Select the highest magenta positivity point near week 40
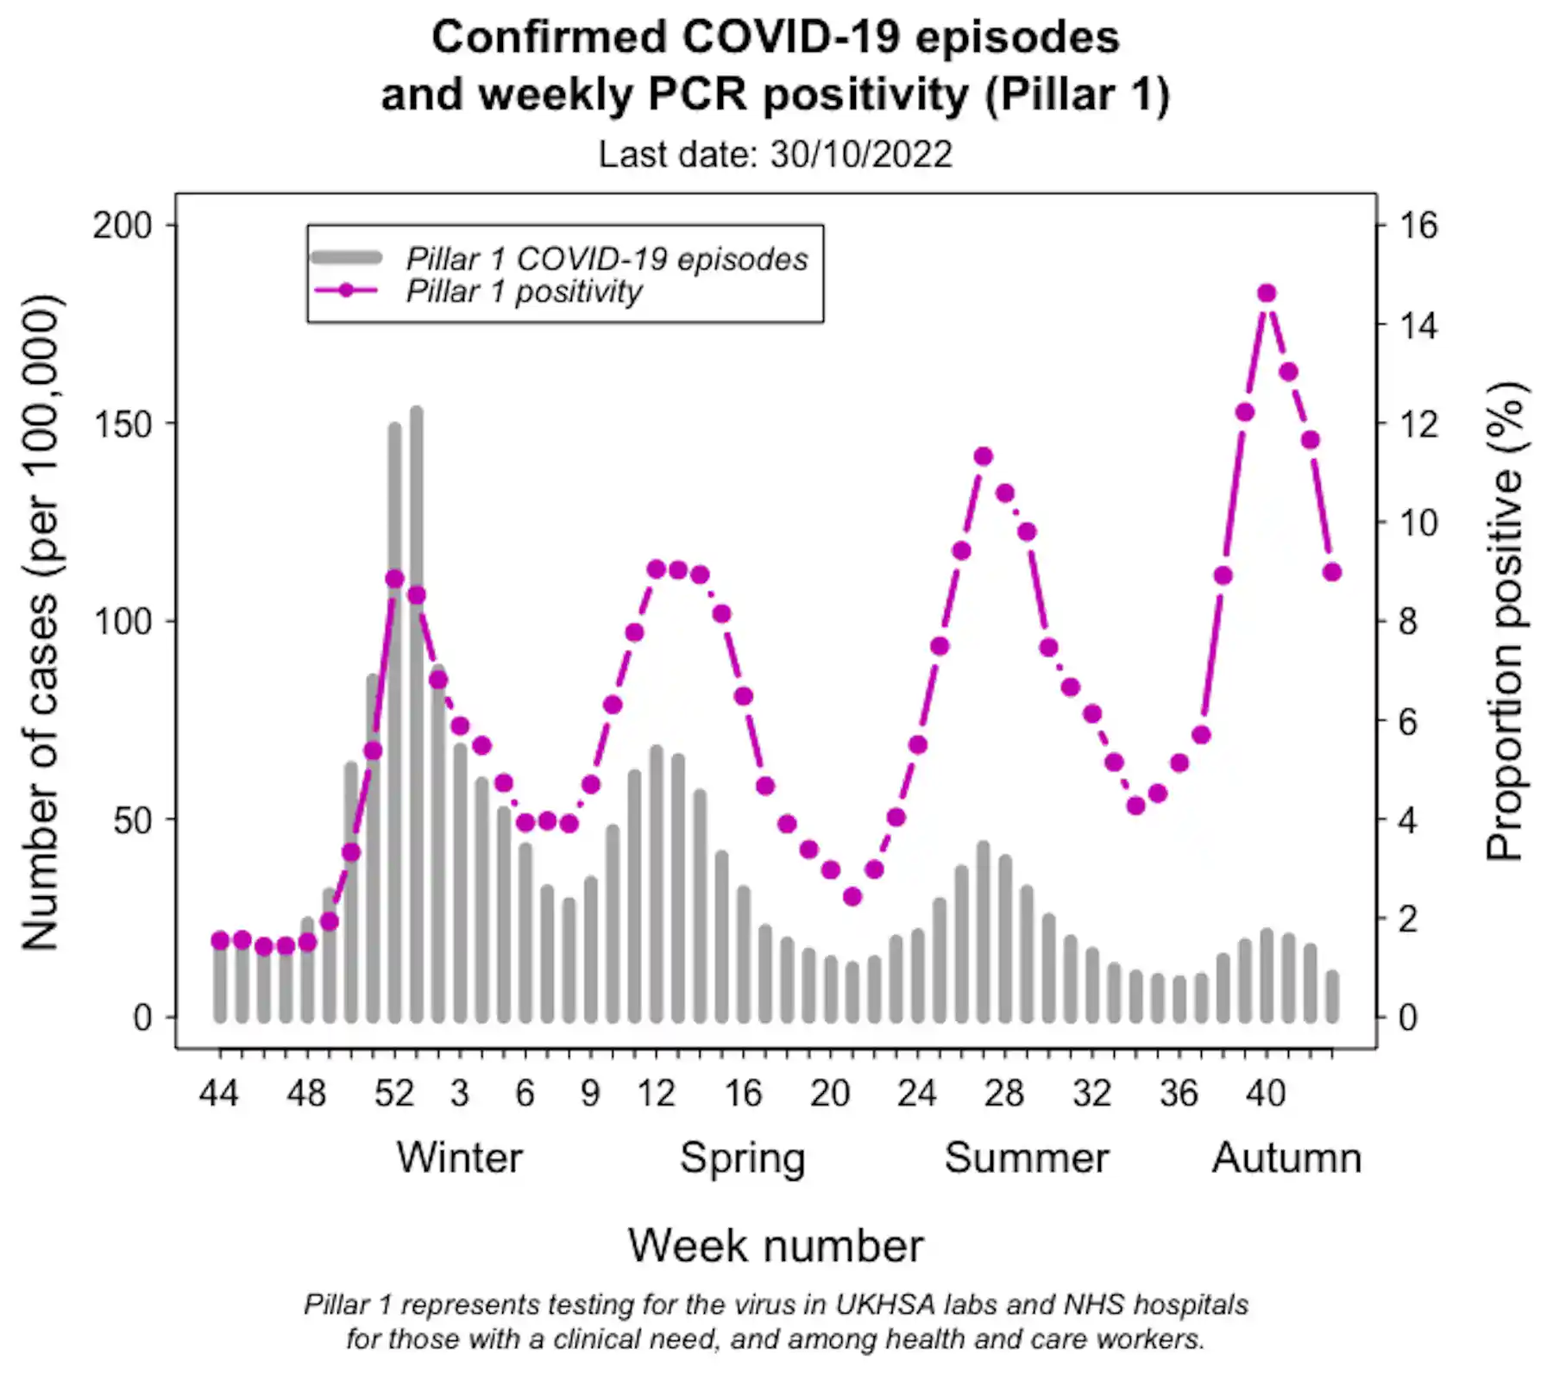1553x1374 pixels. (x=1267, y=293)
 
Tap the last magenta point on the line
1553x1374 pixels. (x=1332, y=572)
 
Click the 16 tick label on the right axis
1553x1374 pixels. (x=1418, y=226)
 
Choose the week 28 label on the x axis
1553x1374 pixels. (x=1004, y=1094)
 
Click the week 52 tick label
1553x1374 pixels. (x=394, y=1094)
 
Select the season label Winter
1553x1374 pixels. (x=459, y=1158)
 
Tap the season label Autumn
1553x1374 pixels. (x=1286, y=1158)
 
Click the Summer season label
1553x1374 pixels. (x=1026, y=1158)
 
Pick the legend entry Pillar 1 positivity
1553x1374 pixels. (x=523, y=292)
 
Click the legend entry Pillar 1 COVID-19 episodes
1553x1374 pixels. (x=607, y=259)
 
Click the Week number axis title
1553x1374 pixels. (x=775, y=1245)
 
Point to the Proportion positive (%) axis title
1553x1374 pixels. (x=1506, y=621)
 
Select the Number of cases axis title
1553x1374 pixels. (x=41, y=621)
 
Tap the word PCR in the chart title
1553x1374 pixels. (x=697, y=93)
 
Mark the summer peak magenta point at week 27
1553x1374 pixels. (x=983, y=456)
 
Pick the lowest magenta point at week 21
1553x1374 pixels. (x=852, y=897)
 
